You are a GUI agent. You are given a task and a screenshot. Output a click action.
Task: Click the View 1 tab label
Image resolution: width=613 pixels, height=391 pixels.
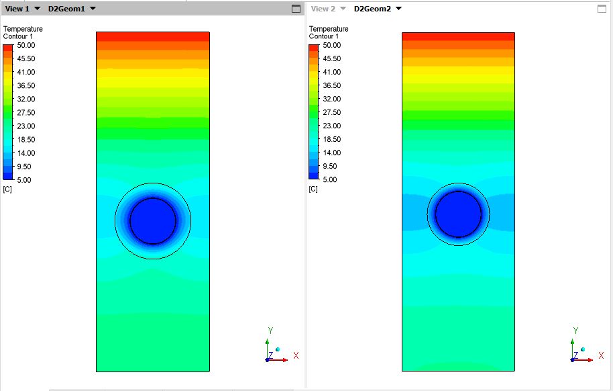(17, 9)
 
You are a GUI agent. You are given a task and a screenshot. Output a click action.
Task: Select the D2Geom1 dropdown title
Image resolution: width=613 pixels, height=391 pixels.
(66, 9)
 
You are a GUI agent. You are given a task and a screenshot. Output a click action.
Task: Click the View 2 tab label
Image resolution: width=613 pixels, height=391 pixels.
(323, 9)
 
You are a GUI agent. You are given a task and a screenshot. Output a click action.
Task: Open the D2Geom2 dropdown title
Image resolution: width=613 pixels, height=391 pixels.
(372, 9)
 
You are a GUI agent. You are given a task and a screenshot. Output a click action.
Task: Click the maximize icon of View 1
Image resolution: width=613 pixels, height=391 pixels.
(296, 9)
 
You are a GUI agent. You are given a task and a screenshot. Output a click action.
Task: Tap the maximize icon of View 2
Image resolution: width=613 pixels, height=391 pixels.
(602, 9)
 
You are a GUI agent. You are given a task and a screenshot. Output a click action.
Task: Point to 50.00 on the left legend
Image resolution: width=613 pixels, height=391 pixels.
(27, 45)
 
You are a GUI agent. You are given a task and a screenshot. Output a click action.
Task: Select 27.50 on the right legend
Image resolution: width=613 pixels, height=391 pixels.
(332, 112)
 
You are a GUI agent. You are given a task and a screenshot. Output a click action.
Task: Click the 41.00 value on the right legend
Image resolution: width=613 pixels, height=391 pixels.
(332, 72)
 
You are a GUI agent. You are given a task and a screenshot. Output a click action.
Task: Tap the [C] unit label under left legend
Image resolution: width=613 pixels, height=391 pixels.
(7, 189)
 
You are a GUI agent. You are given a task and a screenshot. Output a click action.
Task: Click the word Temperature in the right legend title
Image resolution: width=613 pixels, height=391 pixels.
(329, 29)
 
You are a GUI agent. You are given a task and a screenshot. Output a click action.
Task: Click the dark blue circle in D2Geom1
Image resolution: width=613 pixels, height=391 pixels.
(153, 221)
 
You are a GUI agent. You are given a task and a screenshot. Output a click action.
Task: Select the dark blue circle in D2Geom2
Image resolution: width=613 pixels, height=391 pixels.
(458, 214)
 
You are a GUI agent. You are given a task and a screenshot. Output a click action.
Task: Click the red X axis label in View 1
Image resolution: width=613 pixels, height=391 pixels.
(296, 355)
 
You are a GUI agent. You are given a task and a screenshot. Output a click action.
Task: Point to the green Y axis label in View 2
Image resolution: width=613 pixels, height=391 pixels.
(576, 331)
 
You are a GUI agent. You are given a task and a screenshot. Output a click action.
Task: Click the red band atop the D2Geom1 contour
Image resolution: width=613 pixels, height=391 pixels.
(153, 36)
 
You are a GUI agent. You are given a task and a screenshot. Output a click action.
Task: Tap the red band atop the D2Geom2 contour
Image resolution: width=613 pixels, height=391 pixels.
(458, 36)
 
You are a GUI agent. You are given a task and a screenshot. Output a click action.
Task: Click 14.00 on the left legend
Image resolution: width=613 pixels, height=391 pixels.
(27, 153)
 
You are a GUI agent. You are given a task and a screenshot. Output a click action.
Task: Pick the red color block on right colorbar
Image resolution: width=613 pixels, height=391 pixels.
(313, 48)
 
